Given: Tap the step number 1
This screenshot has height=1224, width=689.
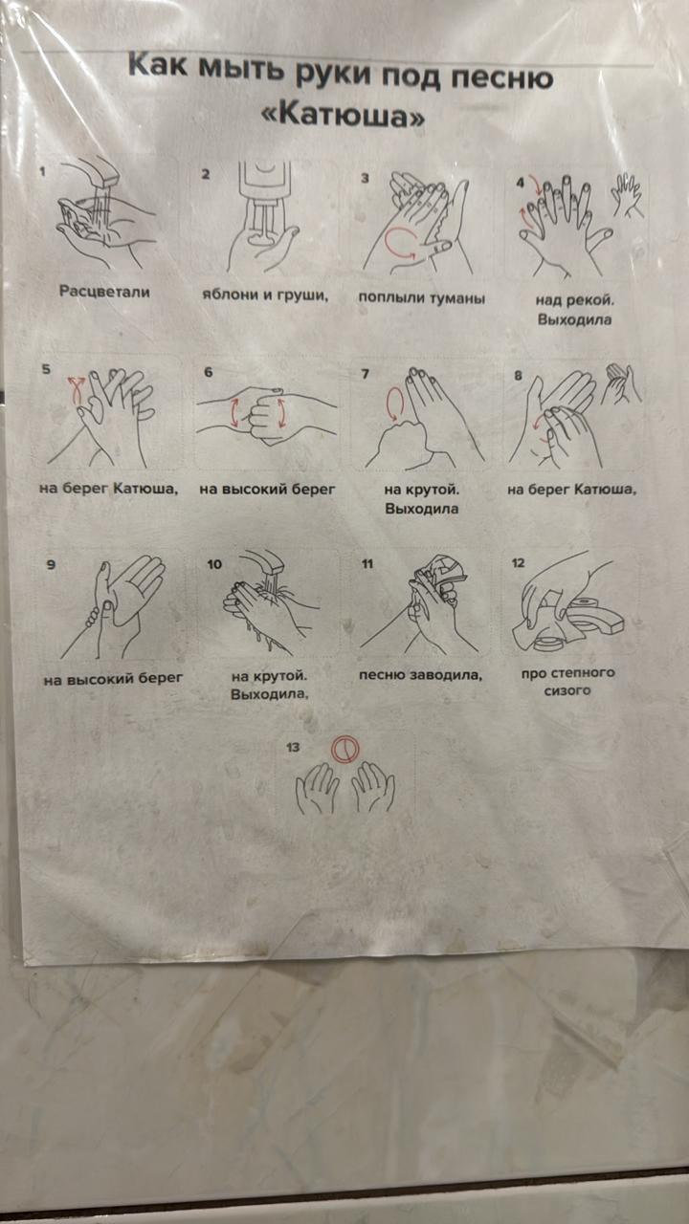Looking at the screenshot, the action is pos(43,171).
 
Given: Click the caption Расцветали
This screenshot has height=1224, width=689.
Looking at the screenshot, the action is pos(104,292).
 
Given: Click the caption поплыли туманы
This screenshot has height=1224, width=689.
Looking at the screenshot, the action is pos(422,298).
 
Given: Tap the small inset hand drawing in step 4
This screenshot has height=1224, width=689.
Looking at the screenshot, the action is pos(627,194).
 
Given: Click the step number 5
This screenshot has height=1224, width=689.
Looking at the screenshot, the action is pos(46,369).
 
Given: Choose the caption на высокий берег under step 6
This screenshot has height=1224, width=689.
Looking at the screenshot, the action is pos(267,489).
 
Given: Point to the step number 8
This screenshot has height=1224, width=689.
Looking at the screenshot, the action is pos(518,376).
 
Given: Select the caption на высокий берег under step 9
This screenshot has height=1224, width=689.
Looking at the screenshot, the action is pos(113,679).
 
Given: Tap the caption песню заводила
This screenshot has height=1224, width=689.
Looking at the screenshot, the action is pos(420,675).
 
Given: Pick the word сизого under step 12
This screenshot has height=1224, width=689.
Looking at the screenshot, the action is pos(567,690).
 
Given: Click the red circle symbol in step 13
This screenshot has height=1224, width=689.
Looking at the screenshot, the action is pos(344,748).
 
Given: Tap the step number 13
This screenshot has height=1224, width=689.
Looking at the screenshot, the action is pos(293,747).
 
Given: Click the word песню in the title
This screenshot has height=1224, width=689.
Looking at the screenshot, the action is pos(502,77).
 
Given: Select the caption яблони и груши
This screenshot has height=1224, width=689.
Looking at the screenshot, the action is pos(265,295).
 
